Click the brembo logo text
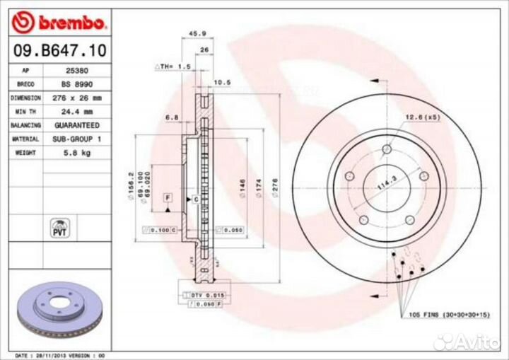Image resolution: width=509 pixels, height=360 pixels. (70, 23)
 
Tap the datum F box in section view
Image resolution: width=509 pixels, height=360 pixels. (168, 196)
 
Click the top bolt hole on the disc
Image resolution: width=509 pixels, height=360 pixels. (386, 149)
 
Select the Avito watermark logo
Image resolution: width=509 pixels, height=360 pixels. (466, 342)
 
